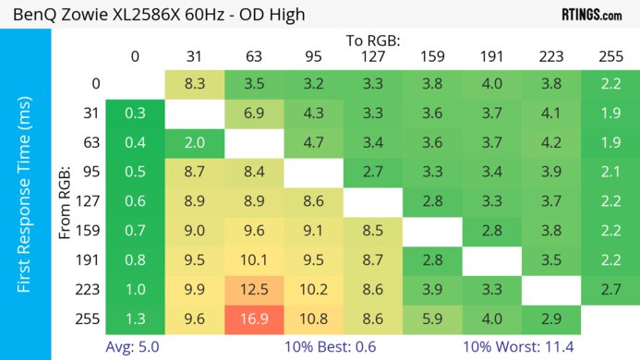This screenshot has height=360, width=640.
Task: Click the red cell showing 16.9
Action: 254,318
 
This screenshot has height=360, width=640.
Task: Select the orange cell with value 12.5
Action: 254,290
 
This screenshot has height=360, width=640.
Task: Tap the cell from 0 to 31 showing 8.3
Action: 195,84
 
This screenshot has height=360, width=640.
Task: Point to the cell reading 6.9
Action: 254,113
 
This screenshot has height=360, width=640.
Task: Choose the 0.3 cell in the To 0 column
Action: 136,113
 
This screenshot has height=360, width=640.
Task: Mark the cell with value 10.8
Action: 313,318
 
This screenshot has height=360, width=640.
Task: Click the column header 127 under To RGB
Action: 372,56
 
